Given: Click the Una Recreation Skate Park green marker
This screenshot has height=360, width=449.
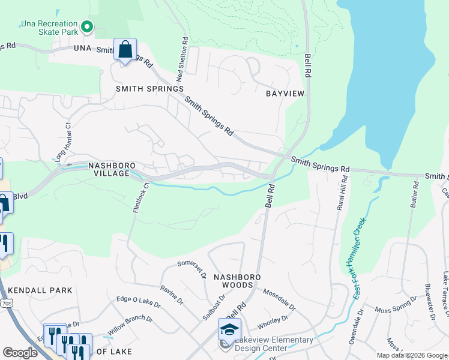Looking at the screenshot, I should click(x=87, y=26).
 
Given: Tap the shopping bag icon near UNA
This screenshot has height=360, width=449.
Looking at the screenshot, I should click(x=125, y=50).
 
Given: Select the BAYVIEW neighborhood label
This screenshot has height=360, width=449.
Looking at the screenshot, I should click(x=285, y=94).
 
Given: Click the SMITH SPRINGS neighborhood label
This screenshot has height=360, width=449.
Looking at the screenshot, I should click(x=149, y=89).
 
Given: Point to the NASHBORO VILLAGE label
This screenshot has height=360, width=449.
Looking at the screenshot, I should click(x=109, y=169).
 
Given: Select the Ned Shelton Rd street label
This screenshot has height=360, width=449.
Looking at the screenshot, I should click(x=181, y=60).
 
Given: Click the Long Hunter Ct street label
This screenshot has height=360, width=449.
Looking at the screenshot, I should click(x=63, y=142).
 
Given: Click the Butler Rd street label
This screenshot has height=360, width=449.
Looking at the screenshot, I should click(x=414, y=195).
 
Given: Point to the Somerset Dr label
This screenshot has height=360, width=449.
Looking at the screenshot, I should click(x=192, y=269).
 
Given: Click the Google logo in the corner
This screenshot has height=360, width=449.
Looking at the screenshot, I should click(x=20, y=353).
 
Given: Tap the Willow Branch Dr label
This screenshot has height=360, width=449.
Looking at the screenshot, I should click(x=130, y=325).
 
